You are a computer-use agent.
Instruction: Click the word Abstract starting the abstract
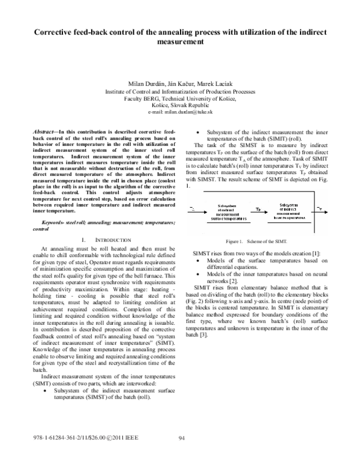[x=44, y=130]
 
